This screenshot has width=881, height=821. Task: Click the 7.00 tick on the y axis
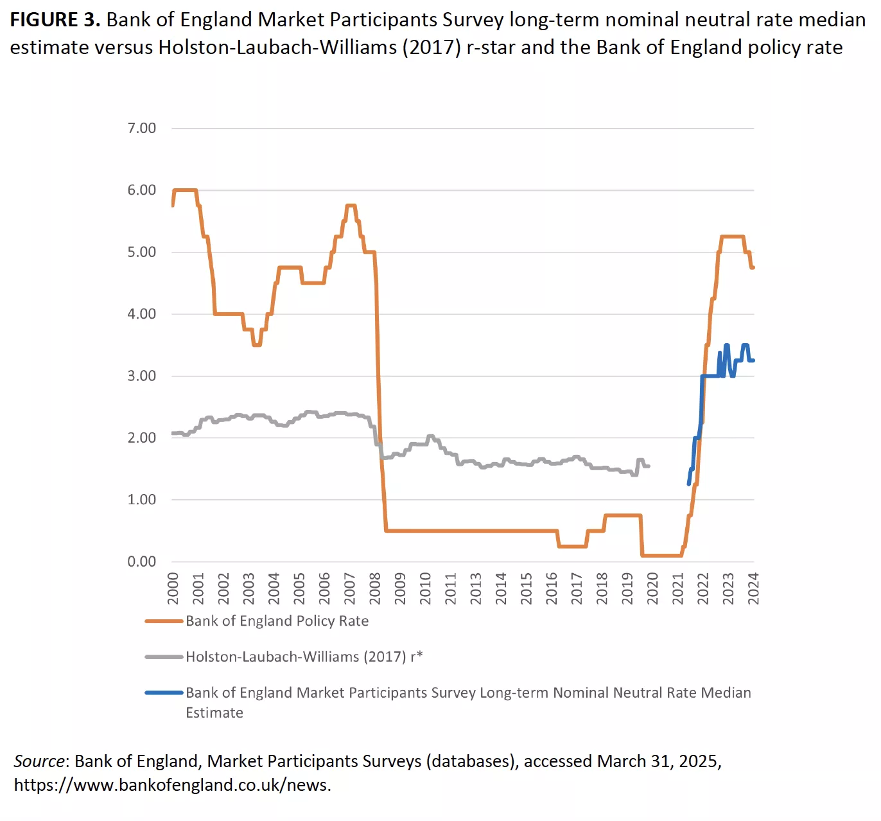tap(141, 128)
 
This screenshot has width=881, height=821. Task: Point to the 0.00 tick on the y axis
tap(141, 561)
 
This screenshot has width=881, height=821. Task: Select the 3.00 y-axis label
tap(141, 376)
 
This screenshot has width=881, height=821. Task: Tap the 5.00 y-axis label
tap(141, 252)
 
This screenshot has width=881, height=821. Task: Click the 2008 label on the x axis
tap(375, 588)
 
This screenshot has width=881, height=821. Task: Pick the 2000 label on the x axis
tap(173, 588)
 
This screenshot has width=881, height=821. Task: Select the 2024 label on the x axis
tap(753, 588)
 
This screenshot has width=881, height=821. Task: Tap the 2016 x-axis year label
tap(552, 588)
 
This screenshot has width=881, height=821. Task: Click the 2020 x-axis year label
tap(652, 588)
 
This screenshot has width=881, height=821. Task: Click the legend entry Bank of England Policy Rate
tap(277, 621)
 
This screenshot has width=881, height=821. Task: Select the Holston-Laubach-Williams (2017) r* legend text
tap(304, 657)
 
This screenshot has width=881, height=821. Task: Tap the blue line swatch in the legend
tap(164, 693)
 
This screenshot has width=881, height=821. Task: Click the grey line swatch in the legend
tap(164, 657)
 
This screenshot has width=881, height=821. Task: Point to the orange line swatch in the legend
tap(164, 621)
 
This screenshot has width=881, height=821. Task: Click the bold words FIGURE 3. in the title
tap(55, 20)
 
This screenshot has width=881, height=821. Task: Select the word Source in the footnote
tap(39, 761)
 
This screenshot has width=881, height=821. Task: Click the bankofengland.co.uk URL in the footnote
tap(172, 785)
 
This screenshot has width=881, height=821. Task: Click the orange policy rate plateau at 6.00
tap(185, 190)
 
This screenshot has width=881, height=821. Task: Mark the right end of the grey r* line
tap(649, 466)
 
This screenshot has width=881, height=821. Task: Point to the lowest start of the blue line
tap(689, 484)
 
